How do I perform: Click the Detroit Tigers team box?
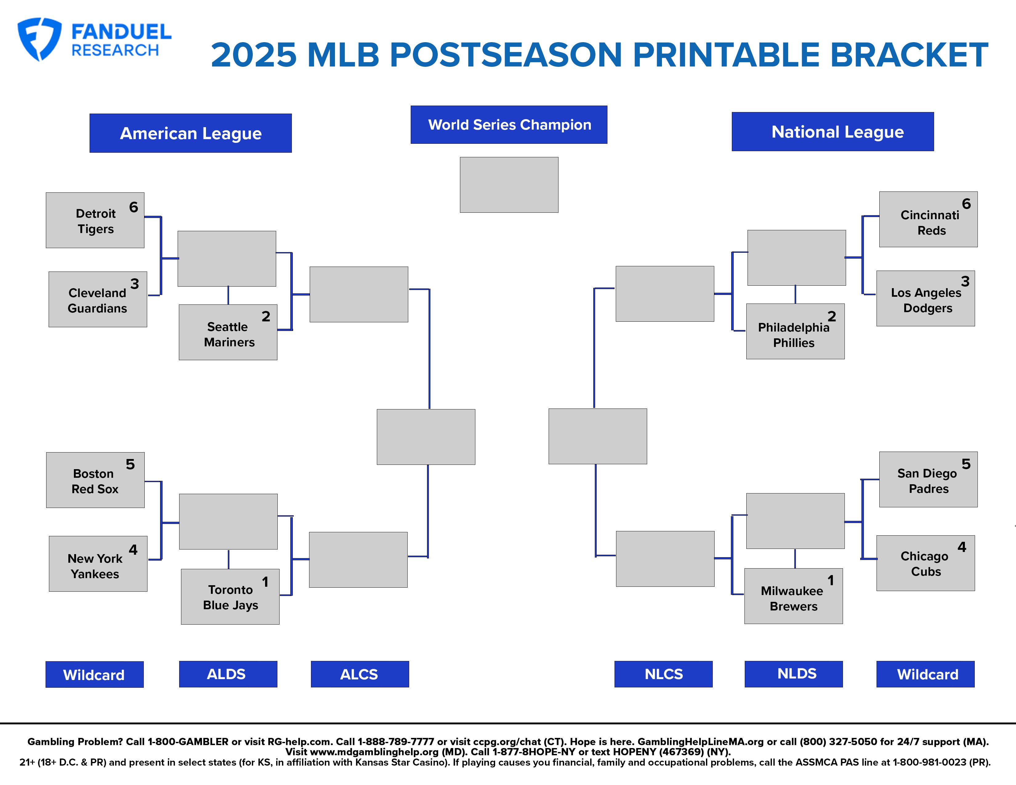95,220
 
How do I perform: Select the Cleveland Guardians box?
98,299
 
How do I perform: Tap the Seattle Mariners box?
228,332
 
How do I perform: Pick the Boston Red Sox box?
95,480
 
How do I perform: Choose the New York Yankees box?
98,564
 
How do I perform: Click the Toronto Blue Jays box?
230,597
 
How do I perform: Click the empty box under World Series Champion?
509,185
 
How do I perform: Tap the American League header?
191,133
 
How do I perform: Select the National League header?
833,132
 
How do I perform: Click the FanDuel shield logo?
39,39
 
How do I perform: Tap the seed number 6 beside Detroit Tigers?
134,207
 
